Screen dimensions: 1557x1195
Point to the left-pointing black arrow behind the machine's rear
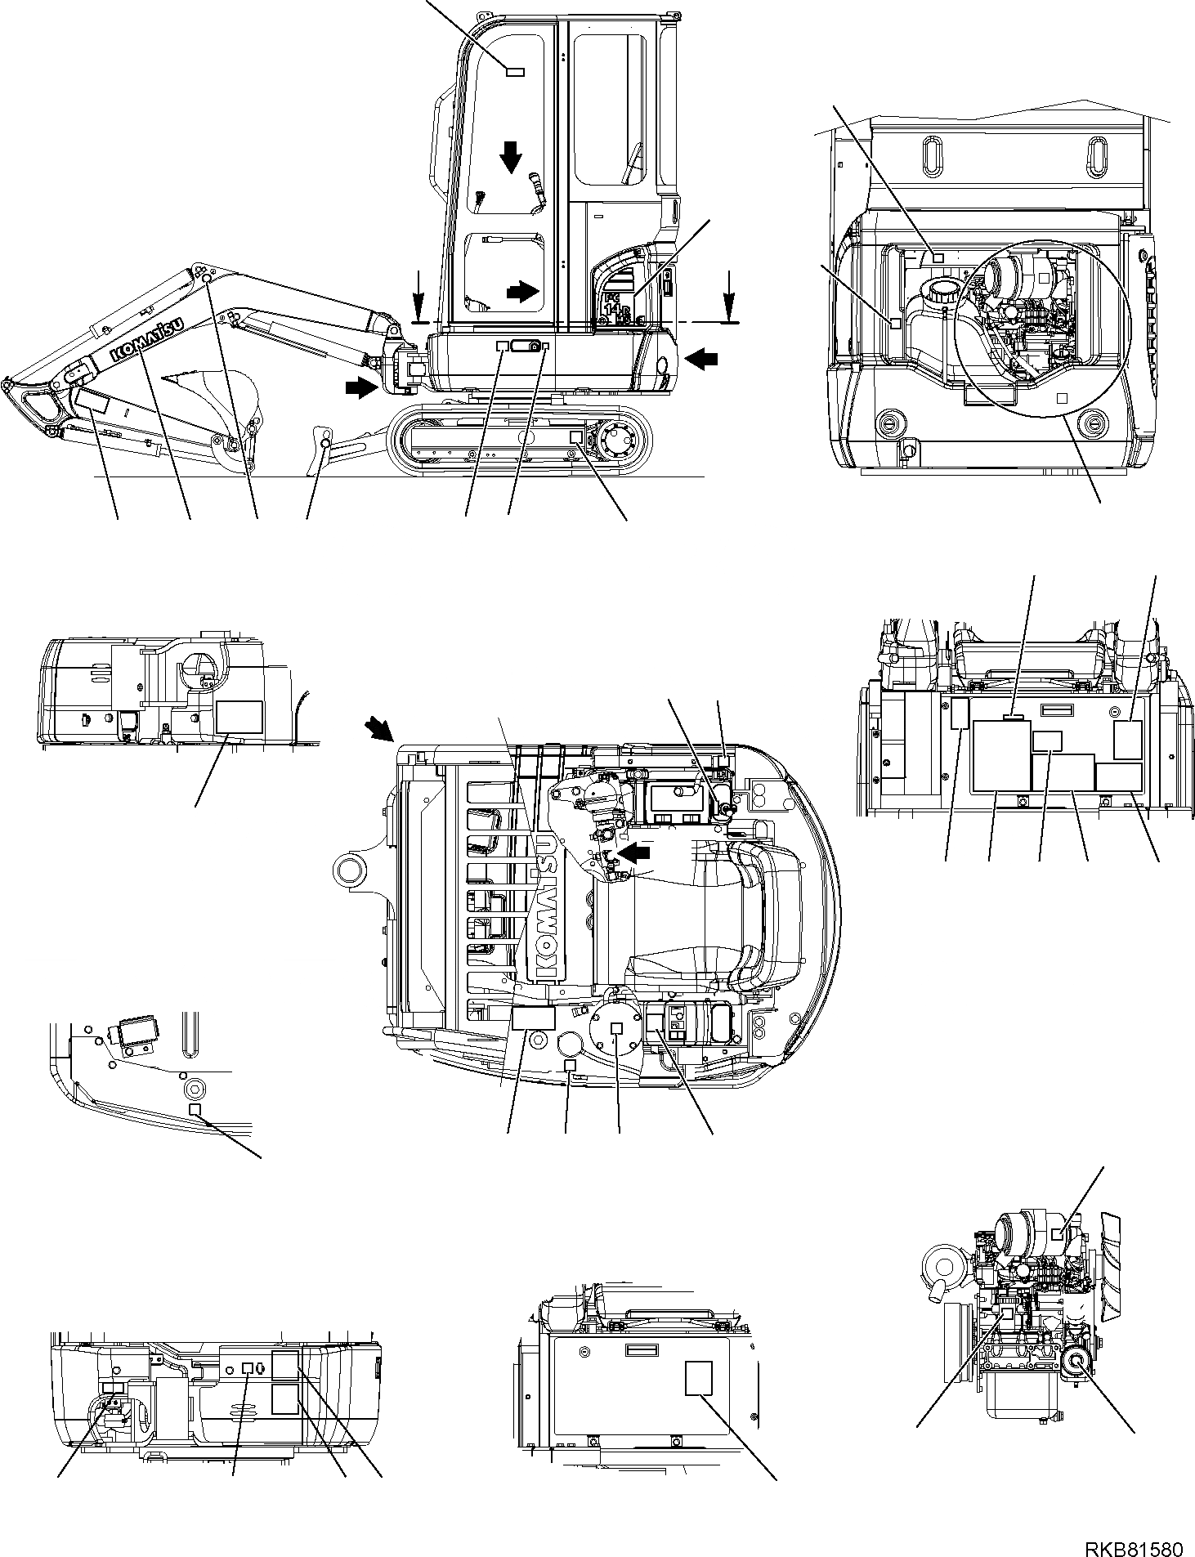click(x=704, y=356)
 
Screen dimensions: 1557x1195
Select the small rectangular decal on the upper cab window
click(x=514, y=72)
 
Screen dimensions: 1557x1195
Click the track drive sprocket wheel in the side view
click(x=620, y=442)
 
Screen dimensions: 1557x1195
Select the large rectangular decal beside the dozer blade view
click(x=238, y=716)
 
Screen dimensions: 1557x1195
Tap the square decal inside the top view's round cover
click(x=617, y=1028)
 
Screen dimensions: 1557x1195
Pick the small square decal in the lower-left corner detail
click(x=195, y=1108)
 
